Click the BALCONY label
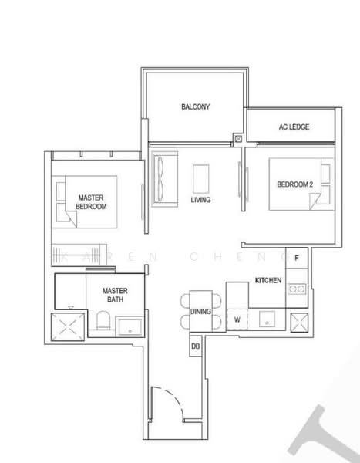(195, 106)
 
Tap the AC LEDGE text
(294, 127)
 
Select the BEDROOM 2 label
(294, 184)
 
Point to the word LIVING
(200, 200)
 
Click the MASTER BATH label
(115, 295)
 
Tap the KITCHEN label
(268, 280)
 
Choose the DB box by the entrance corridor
(195, 346)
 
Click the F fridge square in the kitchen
(297, 258)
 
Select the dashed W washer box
(237, 319)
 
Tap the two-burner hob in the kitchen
(297, 289)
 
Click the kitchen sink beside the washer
(267, 319)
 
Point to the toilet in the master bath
(103, 320)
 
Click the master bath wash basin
(130, 326)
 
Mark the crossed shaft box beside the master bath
(68, 327)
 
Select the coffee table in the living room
(201, 179)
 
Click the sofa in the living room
(165, 179)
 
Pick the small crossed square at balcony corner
(238, 138)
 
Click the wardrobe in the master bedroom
(79, 255)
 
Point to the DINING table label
(200, 312)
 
